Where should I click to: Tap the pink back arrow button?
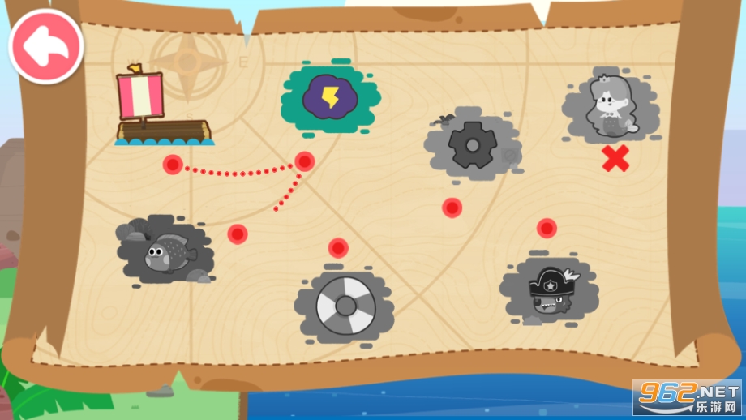[45, 46]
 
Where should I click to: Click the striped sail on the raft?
[140, 94]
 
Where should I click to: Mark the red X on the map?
[615, 159]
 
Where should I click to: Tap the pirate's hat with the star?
[552, 282]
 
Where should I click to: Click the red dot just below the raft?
[173, 165]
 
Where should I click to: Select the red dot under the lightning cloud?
[304, 161]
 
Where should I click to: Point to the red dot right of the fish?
[237, 234]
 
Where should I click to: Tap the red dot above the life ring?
[338, 247]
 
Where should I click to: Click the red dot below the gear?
[452, 208]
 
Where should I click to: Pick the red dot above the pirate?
[547, 228]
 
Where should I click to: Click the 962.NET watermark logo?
[688, 396]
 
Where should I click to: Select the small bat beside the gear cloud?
[444, 120]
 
